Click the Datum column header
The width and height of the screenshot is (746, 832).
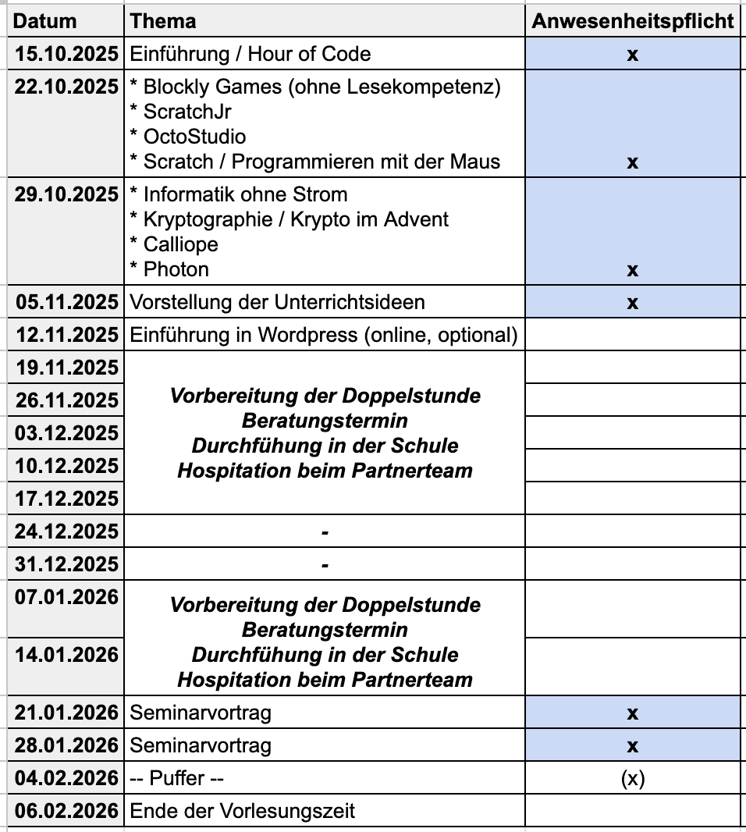pos(46,21)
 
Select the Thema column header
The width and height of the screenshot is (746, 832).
pos(163,21)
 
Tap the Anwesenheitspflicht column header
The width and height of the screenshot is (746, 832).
pos(633,21)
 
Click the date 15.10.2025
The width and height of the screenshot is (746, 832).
pos(66,54)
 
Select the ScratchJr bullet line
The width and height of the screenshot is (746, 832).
pos(181,112)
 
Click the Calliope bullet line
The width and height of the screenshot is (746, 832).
pos(174,244)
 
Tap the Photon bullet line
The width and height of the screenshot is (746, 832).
pos(169,269)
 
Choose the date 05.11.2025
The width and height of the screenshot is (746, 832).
pos(66,302)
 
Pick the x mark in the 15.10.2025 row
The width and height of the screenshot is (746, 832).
pos(633,55)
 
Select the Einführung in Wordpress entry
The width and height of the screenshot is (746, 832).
pos(324,335)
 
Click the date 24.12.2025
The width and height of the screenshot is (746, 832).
pos(66,532)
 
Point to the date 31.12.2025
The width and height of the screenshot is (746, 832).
pos(66,564)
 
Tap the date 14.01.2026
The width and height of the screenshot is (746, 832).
pos(66,654)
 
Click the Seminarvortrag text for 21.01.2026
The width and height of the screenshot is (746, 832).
pos(201,713)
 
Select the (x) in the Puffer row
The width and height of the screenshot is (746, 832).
pos(633,779)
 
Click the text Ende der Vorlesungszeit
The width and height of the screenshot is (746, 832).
pos(242,811)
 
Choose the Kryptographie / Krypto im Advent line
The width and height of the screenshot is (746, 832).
pos(289,219)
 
